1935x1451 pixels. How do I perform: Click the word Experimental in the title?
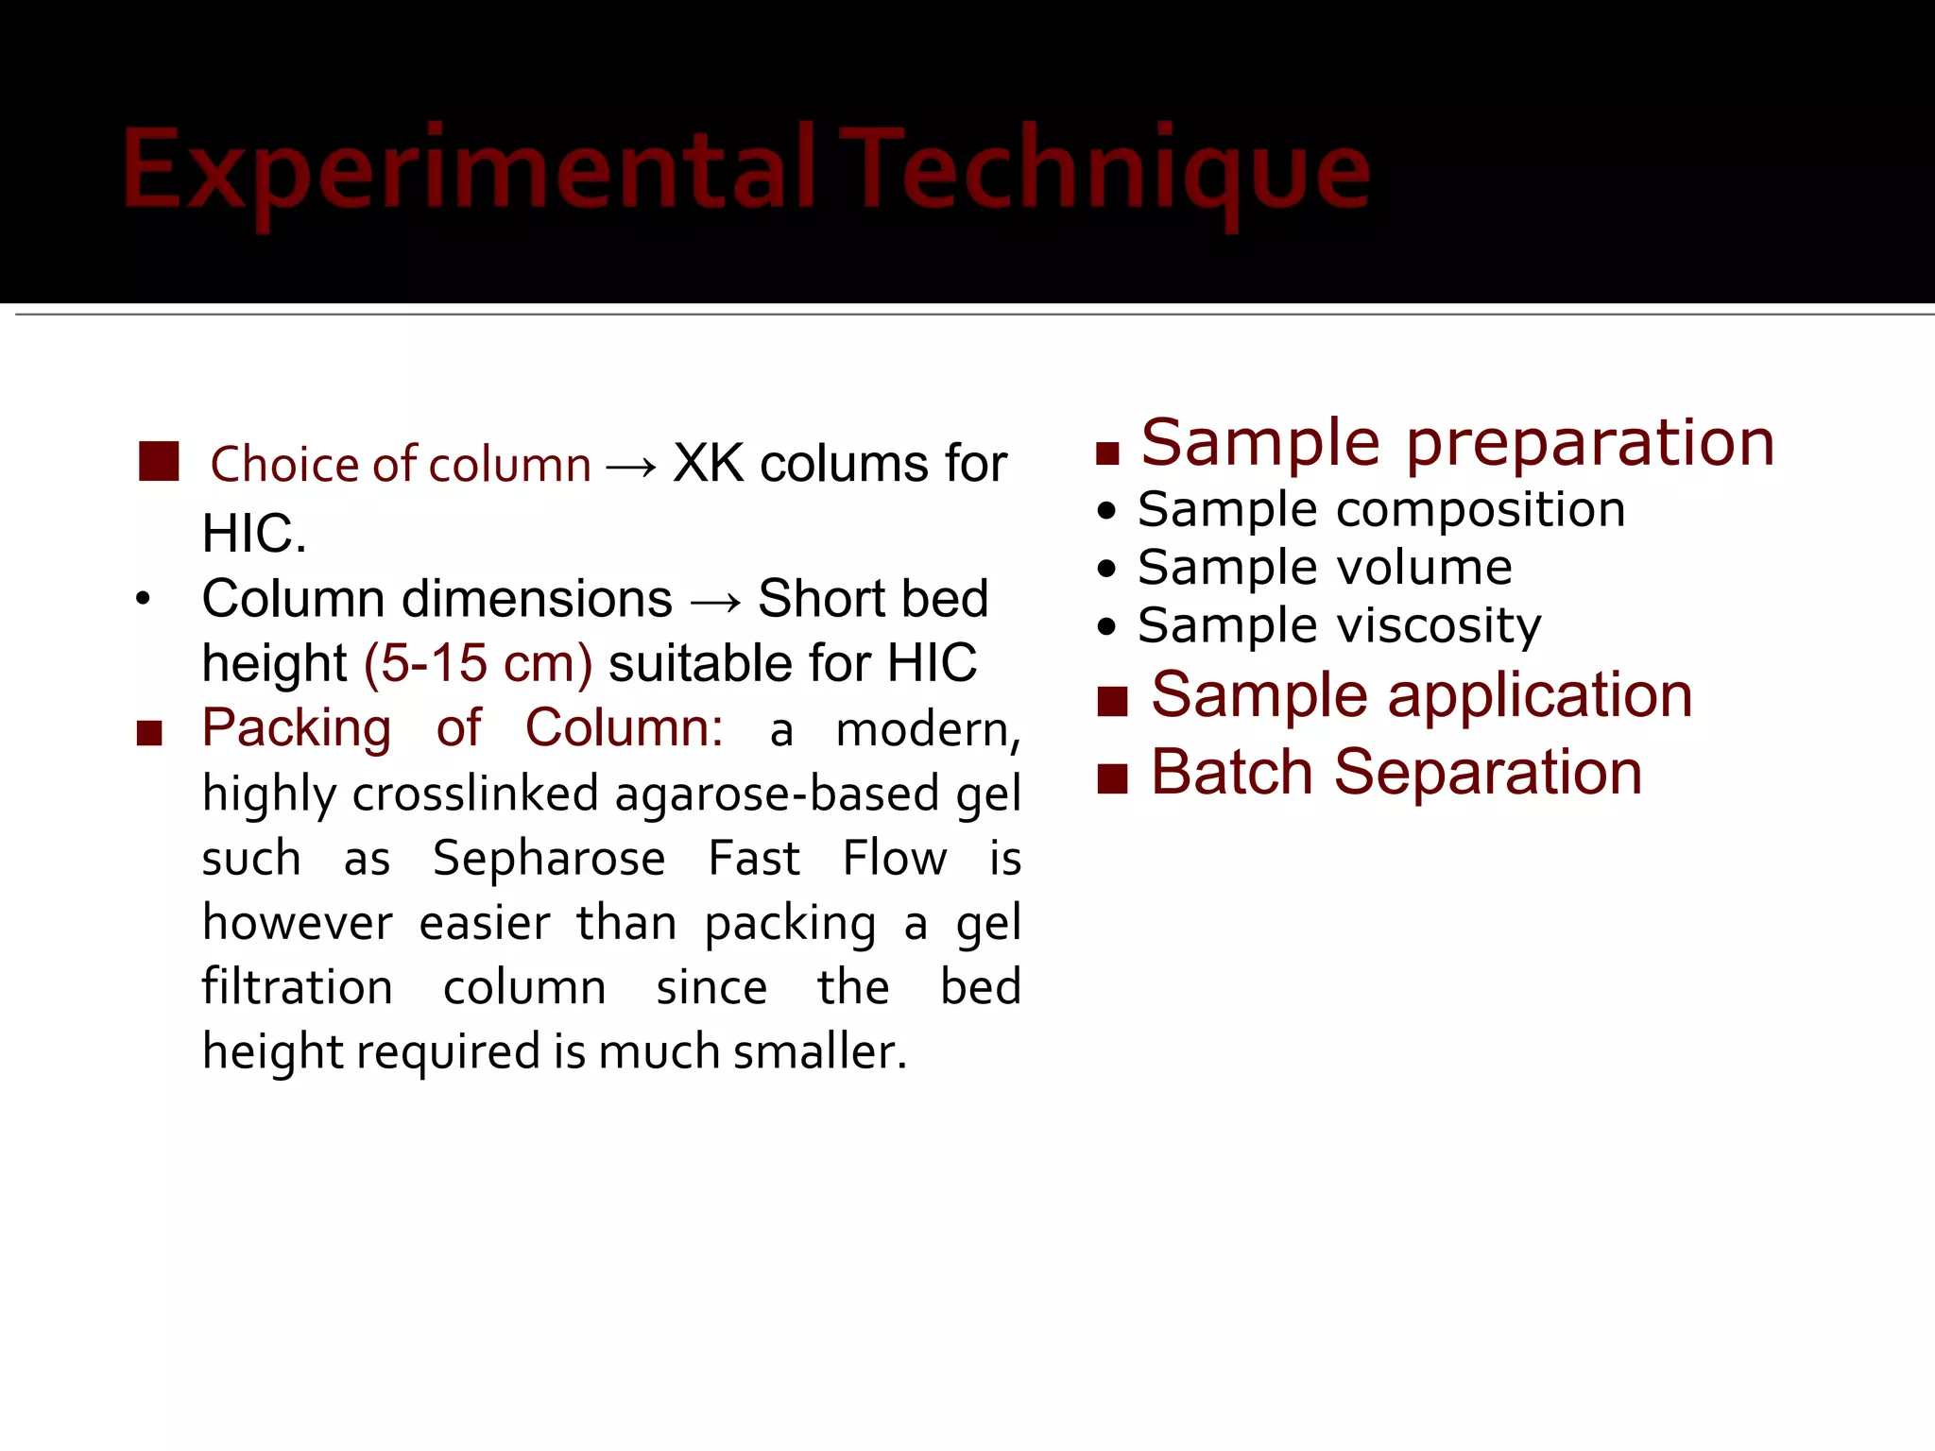(x=468, y=170)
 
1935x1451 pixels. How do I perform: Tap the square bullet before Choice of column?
(x=159, y=461)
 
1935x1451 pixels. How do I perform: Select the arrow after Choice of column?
(x=631, y=466)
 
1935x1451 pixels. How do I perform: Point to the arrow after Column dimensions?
(x=715, y=601)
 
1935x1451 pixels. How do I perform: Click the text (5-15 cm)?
(x=478, y=663)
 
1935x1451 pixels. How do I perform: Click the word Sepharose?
(x=549, y=858)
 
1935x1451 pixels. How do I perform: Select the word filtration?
(x=298, y=987)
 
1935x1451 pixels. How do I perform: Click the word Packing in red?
(x=297, y=728)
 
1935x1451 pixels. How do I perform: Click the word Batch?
(x=1232, y=772)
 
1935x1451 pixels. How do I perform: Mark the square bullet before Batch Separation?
(x=1113, y=778)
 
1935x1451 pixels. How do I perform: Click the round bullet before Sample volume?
(x=1107, y=569)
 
